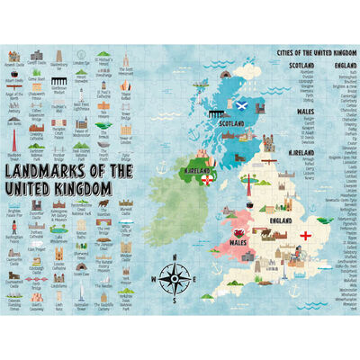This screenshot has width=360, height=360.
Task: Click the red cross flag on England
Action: click(308, 237)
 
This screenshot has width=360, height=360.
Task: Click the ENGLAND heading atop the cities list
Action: click(343, 65)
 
